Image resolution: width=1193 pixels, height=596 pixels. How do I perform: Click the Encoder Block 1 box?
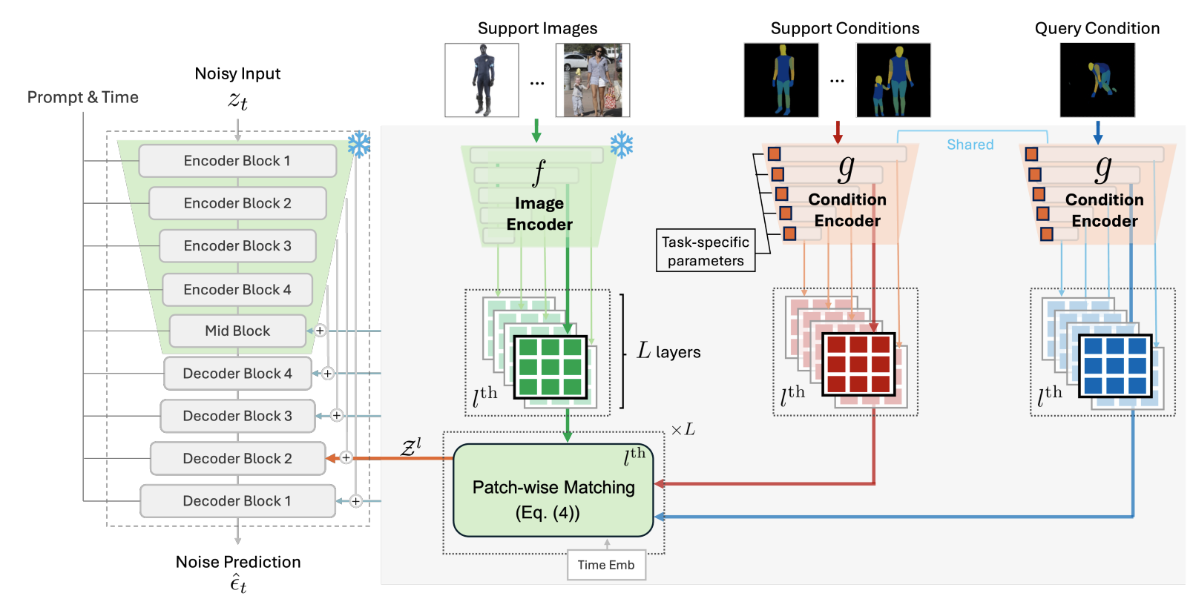(237, 161)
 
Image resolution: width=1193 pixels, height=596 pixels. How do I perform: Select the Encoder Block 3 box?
(237, 246)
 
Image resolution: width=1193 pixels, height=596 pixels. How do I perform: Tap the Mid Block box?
(237, 331)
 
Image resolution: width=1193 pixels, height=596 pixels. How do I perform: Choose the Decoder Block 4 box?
(237, 374)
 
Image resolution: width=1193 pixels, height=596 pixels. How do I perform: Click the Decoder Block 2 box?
(237, 459)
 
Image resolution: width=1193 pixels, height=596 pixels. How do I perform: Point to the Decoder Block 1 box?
(237, 501)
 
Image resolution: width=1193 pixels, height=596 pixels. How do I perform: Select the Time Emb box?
(606, 565)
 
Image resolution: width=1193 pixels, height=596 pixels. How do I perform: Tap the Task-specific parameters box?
(706, 251)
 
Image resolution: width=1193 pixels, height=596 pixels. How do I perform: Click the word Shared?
(970, 145)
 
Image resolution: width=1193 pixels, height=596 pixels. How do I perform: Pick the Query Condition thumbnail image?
(1097, 80)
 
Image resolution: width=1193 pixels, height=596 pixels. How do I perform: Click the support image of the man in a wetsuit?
(482, 80)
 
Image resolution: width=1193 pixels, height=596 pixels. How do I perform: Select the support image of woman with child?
(593, 80)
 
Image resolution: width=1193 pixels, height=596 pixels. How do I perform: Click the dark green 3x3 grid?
(550, 367)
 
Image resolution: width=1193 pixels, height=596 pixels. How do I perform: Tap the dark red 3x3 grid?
(858, 364)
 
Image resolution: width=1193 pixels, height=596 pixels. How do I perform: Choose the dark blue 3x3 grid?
(1115, 365)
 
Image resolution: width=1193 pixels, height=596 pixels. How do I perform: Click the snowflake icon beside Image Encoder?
(622, 145)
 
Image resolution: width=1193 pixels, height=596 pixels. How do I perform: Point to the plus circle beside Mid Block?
(320, 331)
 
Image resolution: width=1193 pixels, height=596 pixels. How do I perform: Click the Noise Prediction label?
(238, 562)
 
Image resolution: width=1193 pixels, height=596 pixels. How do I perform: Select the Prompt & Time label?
(83, 97)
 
